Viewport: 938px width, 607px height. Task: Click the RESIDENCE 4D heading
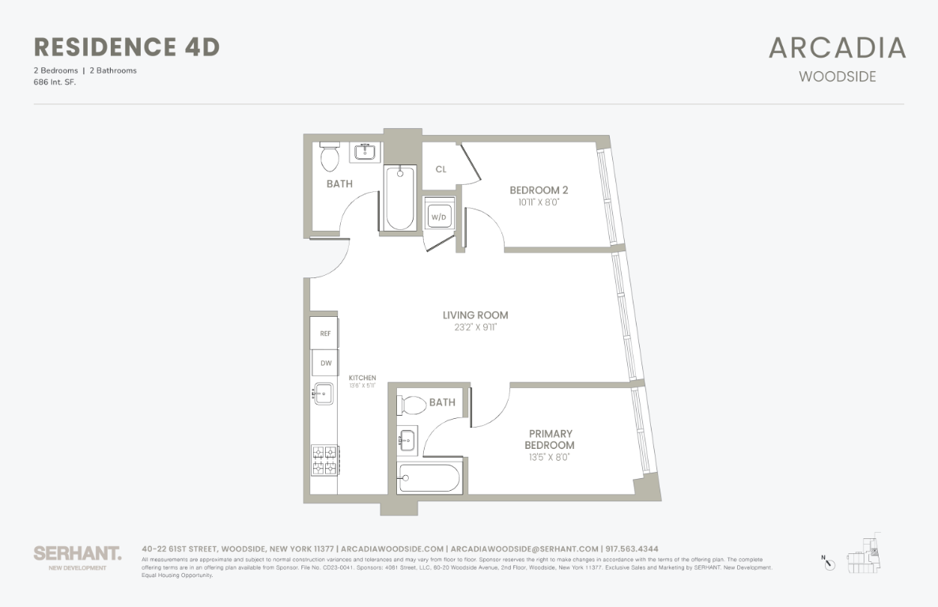(x=127, y=47)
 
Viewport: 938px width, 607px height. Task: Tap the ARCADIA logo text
(x=837, y=48)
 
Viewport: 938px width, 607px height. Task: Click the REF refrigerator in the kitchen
(x=324, y=334)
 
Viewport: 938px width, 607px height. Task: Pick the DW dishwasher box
(x=324, y=363)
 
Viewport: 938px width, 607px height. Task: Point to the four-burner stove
(x=324, y=460)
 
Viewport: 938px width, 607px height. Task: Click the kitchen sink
(x=323, y=393)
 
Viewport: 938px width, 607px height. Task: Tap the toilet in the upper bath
(x=330, y=157)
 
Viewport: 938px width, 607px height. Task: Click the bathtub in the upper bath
(x=400, y=197)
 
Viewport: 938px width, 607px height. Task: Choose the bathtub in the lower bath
(x=429, y=478)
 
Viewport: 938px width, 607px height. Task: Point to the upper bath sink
(x=366, y=151)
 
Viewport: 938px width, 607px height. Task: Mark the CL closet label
(x=441, y=169)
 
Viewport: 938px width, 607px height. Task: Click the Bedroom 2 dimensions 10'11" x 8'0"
(x=539, y=202)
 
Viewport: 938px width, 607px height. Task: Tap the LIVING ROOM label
(x=475, y=315)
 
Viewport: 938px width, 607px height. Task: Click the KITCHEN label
(x=362, y=378)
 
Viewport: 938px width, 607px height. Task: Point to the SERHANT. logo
(x=78, y=553)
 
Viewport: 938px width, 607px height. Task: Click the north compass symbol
(x=828, y=564)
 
